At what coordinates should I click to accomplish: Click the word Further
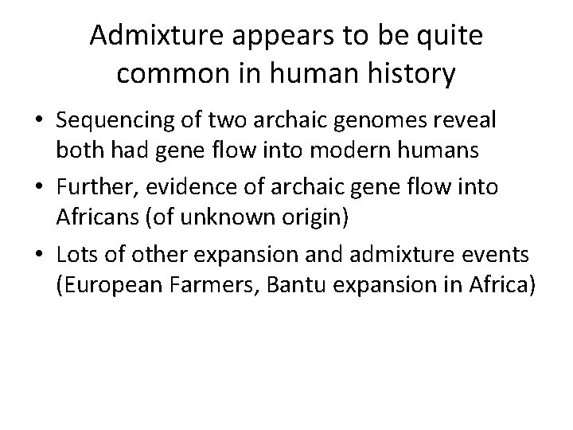click(x=93, y=188)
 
